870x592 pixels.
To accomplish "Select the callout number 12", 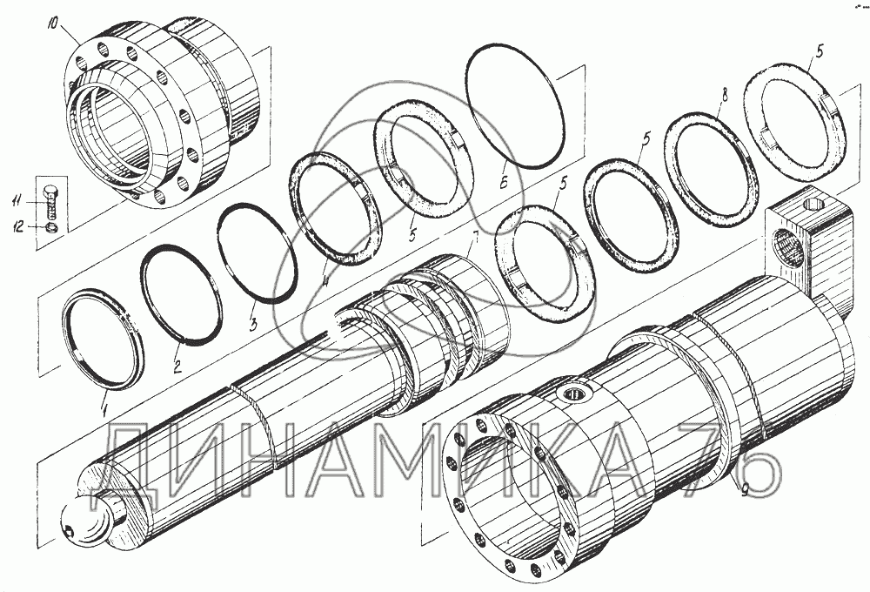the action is tap(19, 226).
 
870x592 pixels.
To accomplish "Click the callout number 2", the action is tap(177, 367).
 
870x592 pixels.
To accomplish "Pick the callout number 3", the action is tap(252, 324).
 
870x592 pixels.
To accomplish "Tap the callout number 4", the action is tap(326, 280).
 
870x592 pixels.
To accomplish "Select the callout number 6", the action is tap(503, 184).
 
